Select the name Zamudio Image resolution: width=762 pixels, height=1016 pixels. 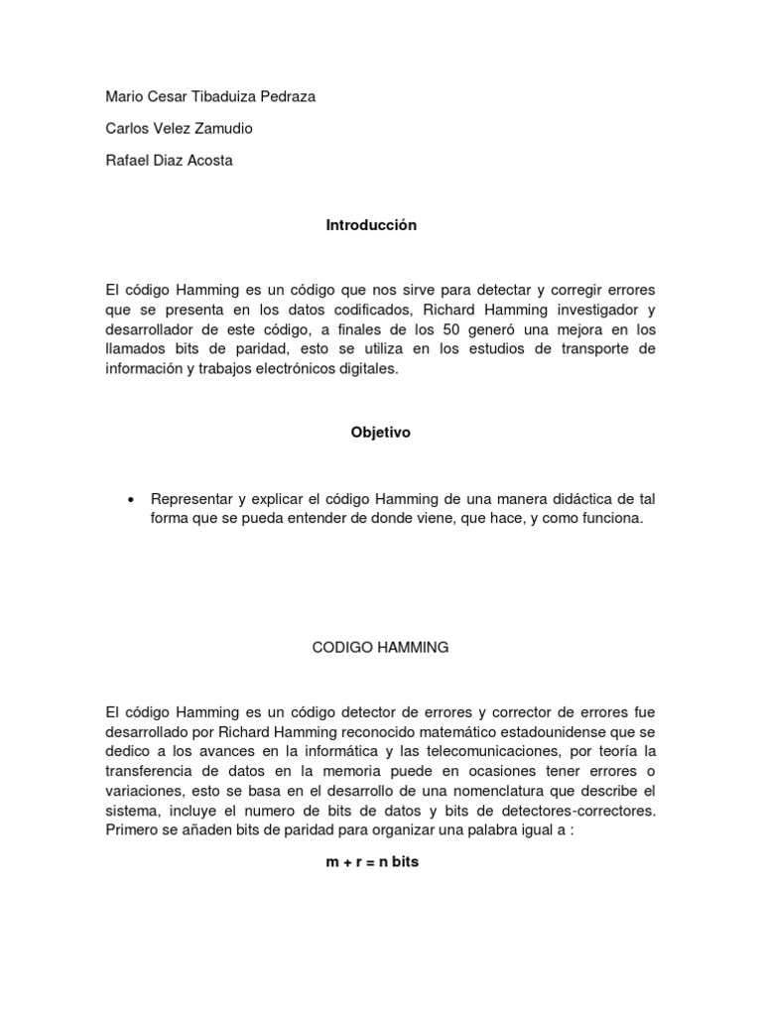(231, 128)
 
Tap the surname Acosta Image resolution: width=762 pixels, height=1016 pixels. (207, 160)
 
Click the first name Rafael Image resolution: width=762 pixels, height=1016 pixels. (127, 160)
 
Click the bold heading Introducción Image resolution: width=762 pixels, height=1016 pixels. (371, 225)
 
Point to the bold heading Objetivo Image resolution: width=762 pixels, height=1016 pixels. (380, 433)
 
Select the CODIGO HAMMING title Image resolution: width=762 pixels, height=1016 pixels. (380, 647)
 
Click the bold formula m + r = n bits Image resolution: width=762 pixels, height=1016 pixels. (372, 862)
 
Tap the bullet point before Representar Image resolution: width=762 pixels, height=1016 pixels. (131, 498)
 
